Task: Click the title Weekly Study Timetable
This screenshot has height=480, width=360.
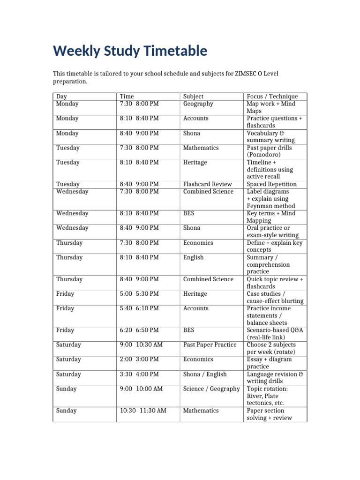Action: point(130,51)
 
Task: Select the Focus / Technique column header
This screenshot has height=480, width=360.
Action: point(272,97)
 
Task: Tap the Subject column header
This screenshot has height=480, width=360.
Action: point(193,97)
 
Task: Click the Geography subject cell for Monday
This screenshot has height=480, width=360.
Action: point(198,104)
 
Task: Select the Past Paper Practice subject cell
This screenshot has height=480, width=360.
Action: point(210,345)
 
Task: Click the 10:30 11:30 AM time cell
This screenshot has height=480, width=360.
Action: point(143,411)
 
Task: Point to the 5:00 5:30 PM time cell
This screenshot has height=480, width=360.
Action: point(139,294)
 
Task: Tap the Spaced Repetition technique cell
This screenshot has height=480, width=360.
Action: point(271,184)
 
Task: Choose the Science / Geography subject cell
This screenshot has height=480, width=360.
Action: point(211,389)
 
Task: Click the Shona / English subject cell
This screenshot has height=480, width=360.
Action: point(205,375)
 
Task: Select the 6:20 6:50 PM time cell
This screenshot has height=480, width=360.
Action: point(139,330)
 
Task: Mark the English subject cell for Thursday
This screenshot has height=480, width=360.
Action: point(193,257)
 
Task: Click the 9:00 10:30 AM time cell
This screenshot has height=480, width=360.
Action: point(141,345)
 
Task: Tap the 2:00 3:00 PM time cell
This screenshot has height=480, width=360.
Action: point(139,360)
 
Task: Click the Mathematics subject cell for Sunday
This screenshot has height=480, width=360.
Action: point(201,411)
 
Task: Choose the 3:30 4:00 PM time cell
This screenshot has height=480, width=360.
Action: point(139,375)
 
